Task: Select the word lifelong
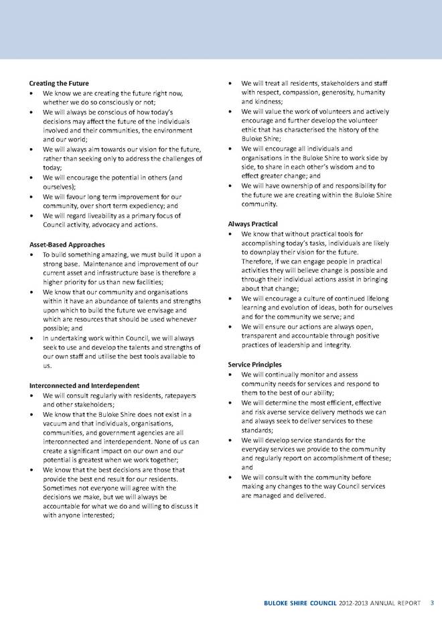[x=376, y=297]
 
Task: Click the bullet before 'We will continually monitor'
[x=230, y=374]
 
